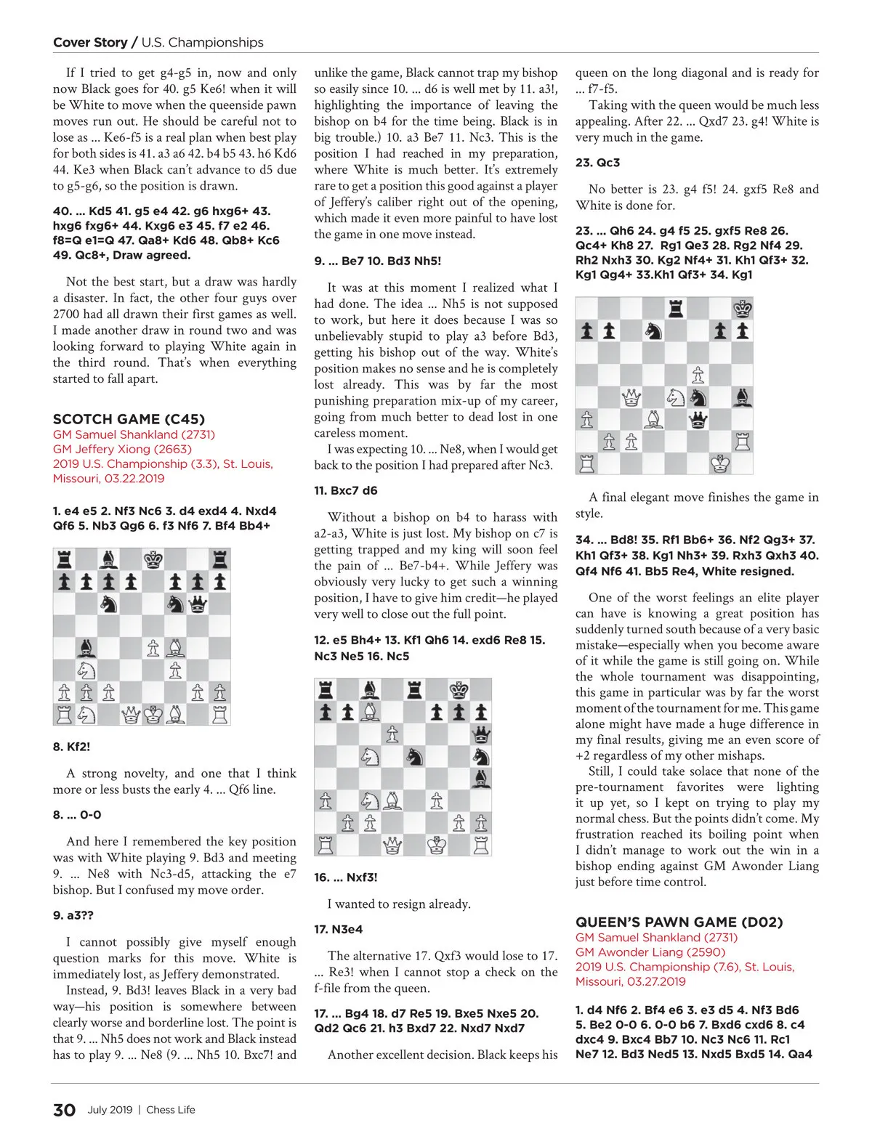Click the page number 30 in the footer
click(x=64, y=1110)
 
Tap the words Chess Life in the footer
click(x=171, y=1110)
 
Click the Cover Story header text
click(x=90, y=42)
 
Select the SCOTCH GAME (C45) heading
click(x=129, y=419)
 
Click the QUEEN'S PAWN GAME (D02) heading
click(x=679, y=922)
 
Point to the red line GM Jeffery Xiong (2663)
click(x=122, y=449)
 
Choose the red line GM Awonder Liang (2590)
click(x=650, y=952)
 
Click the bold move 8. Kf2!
click(x=71, y=747)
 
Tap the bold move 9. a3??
click(x=73, y=915)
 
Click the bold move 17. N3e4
click(x=338, y=929)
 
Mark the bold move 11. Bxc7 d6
click(x=345, y=490)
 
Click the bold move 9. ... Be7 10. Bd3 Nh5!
click(x=377, y=261)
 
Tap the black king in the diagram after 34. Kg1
click(x=742, y=309)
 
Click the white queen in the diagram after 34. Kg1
click(x=631, y=397)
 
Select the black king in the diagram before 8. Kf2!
click(x=153, y=559)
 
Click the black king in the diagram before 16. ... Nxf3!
click(x=459, y=690)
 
